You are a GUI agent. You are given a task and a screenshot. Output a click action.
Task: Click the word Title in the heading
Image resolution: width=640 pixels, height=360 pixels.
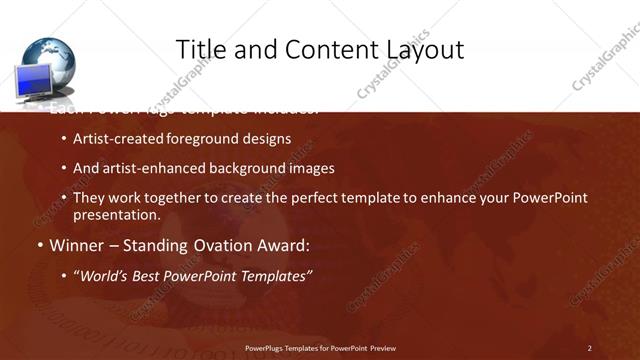(200, 49)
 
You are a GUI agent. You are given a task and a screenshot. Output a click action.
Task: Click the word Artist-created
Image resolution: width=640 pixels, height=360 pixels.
(119, 139)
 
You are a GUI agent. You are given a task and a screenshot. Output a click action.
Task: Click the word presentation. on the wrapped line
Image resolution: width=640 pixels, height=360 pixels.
(116, 215)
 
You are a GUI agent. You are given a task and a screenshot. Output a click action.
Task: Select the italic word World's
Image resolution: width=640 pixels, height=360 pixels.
(105, 275)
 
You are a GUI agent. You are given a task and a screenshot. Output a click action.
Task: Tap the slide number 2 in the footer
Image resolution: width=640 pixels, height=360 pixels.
(589, 348)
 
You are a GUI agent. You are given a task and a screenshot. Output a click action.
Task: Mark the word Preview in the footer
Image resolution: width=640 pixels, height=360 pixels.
(381, 348)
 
